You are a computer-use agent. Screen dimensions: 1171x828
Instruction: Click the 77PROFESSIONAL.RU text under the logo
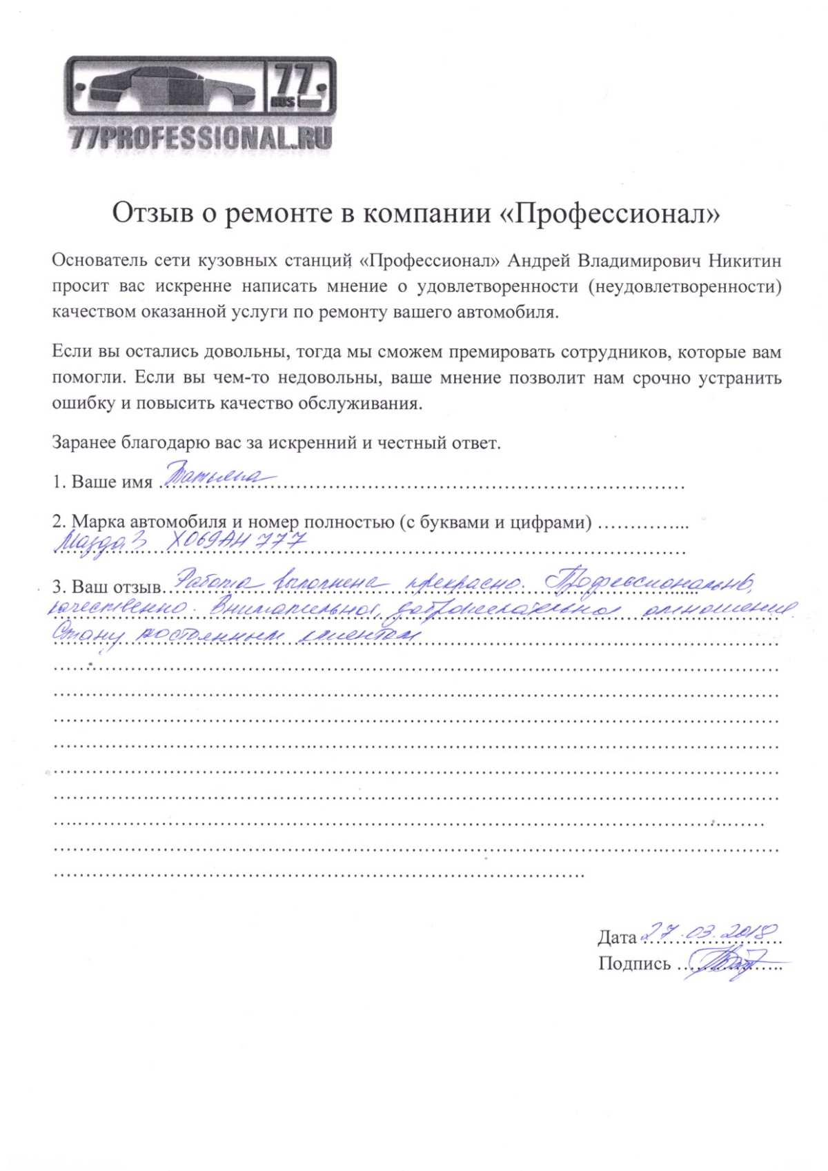pos(200,139)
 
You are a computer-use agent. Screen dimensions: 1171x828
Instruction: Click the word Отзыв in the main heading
pos(152,213)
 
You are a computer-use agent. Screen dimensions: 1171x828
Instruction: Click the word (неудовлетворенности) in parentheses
pos(685,286)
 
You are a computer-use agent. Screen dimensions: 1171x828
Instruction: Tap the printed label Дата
pos(617,938)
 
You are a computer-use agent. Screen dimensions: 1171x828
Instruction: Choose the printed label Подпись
pos(634,964)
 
